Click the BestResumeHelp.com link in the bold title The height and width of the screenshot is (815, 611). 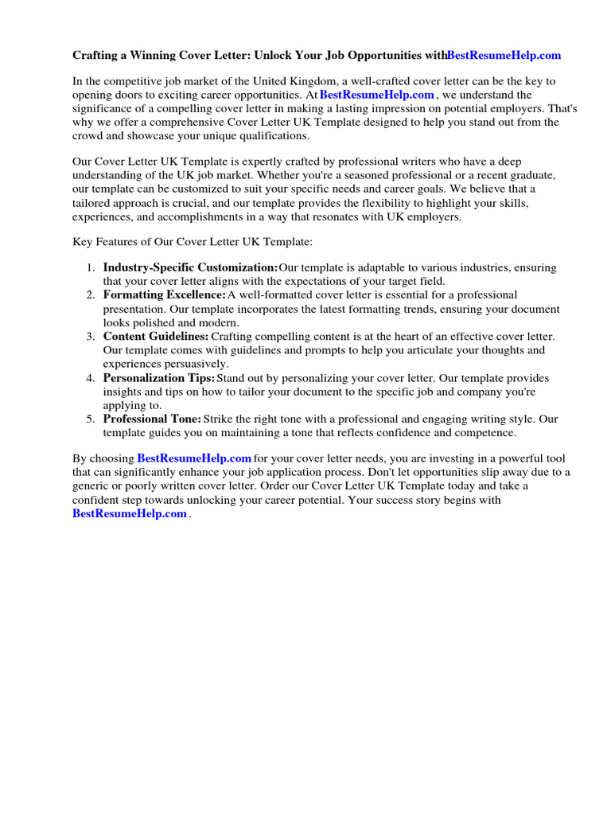coord(504,56)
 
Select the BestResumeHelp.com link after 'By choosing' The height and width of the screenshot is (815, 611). coord(194,458)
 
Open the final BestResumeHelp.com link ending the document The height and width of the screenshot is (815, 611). coord(130,513)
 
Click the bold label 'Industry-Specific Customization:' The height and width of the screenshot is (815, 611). coord(190,267)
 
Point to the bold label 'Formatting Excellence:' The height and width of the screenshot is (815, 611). coord(165,295)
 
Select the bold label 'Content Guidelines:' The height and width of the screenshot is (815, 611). coord(156,337)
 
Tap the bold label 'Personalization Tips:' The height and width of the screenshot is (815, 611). coord(159,378)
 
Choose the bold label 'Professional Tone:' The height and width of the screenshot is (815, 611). coord(152,419)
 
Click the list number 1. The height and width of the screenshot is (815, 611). coord(91,268)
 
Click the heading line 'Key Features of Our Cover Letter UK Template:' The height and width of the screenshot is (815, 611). coord(193,241)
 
